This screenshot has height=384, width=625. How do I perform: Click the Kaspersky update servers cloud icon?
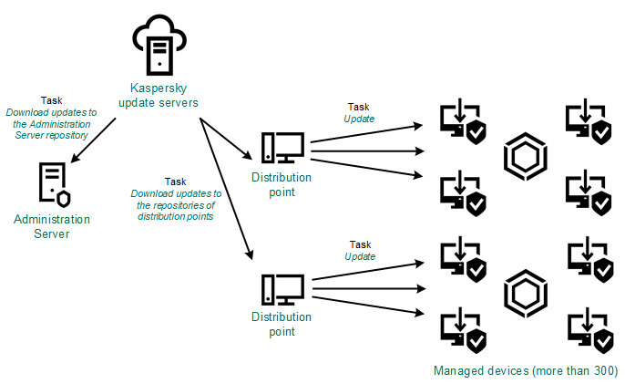(159, 45)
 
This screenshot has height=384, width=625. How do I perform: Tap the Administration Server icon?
(55, 184)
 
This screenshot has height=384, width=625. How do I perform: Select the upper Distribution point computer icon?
(282, 148)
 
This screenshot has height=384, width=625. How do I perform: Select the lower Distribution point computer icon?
(282, 290)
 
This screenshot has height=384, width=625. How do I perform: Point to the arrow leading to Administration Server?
(93, 140)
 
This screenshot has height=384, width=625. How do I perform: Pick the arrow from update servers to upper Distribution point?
(226, 139)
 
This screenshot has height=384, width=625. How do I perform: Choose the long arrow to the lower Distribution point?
(226, 189)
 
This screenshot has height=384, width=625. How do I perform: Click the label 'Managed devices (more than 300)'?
(526, 371)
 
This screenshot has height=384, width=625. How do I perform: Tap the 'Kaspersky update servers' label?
(159, 96)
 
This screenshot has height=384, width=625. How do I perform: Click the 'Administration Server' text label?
(52, 226)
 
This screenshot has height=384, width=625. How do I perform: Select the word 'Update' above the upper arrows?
(359, 119)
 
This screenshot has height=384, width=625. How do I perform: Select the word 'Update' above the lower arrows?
(360, 256)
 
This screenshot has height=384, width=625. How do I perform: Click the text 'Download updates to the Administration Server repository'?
(51, 124)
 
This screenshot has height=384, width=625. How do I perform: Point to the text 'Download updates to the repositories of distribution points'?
(176, 205)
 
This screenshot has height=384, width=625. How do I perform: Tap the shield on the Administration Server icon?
(64, 199)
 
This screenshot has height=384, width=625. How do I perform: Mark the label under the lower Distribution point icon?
(282, 324)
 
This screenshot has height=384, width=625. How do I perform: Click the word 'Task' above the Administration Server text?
(51, 100)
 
